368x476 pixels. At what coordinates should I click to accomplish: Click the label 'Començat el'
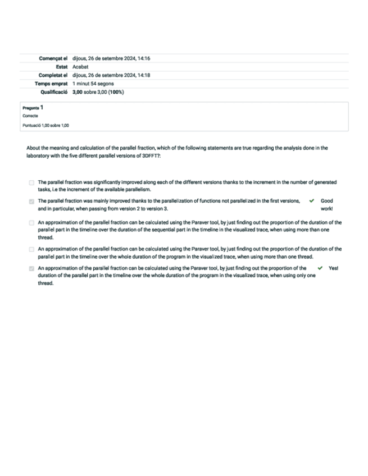[53, 58]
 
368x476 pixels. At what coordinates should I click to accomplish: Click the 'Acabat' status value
[80, 66]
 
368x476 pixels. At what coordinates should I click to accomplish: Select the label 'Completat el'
[53, 75]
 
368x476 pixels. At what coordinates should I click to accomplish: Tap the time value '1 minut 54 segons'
[93, 83]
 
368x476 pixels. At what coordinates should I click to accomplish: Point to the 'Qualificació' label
[54, 91]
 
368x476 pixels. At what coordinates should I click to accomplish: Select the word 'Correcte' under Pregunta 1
[30, 116]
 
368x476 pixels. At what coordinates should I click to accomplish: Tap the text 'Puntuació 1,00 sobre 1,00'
[46, 125]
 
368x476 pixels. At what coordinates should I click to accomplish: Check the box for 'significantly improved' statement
[31, 183]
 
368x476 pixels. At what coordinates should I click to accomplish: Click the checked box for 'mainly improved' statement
[31, 200]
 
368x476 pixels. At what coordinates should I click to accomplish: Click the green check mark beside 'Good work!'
[312, 200]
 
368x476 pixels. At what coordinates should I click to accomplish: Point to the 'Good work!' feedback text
[326, 204]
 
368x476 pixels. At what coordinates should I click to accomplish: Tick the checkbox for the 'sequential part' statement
[31, 222]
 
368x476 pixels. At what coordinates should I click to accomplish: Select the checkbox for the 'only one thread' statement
[31, 269]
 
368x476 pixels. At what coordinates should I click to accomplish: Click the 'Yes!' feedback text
[333, 268]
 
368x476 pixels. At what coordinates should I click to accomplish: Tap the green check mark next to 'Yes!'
[320, 268]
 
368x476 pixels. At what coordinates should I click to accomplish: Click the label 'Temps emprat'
[51, 83]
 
